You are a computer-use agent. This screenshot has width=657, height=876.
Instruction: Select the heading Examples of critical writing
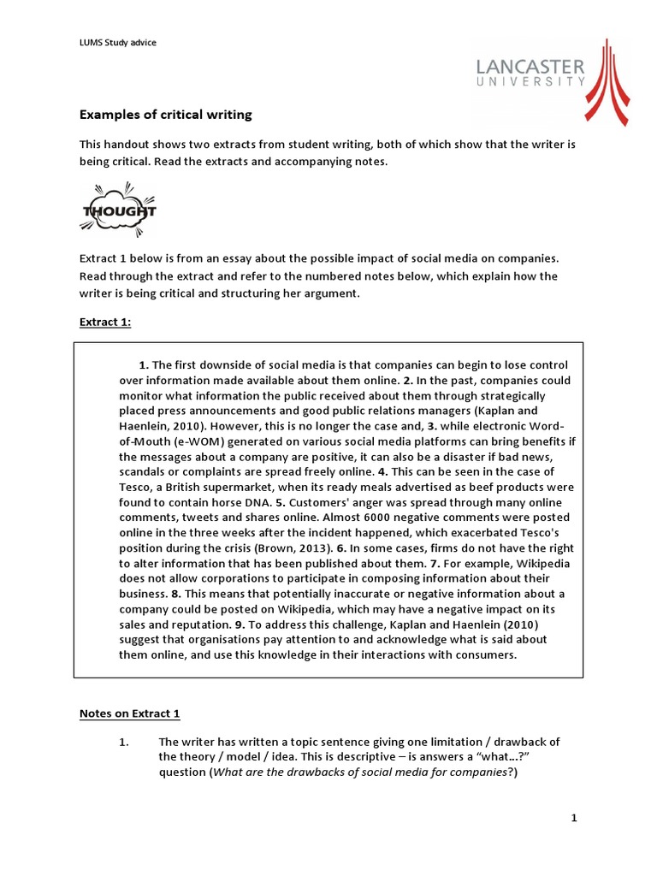point(166,114)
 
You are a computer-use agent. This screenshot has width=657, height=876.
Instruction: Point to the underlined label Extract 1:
point(106,321)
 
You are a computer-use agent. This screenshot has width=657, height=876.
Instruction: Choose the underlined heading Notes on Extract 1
point(130,713)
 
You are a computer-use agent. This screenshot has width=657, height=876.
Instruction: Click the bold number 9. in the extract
point(241,624)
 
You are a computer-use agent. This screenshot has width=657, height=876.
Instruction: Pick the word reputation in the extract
point(181,609)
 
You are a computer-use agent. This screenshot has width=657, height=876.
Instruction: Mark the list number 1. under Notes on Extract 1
point(123,742)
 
